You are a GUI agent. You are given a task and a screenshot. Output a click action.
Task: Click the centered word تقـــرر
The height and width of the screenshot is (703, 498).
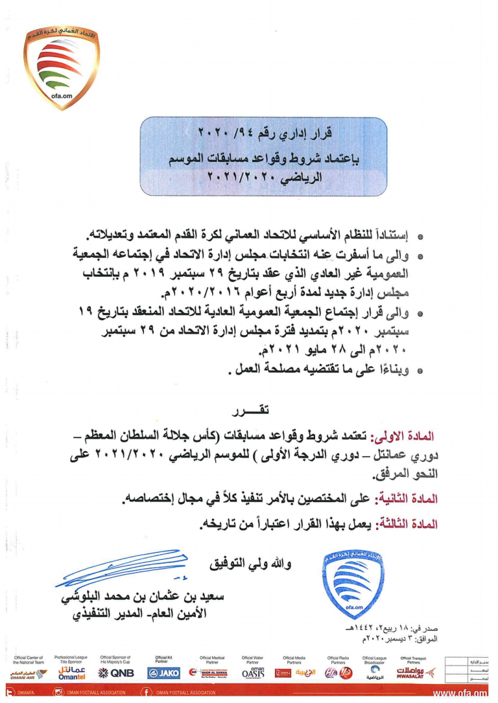250,411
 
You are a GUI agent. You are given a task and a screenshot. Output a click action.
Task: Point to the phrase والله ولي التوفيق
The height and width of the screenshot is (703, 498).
249,564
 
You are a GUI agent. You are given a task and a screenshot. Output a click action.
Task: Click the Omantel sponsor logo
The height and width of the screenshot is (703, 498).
71,673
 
